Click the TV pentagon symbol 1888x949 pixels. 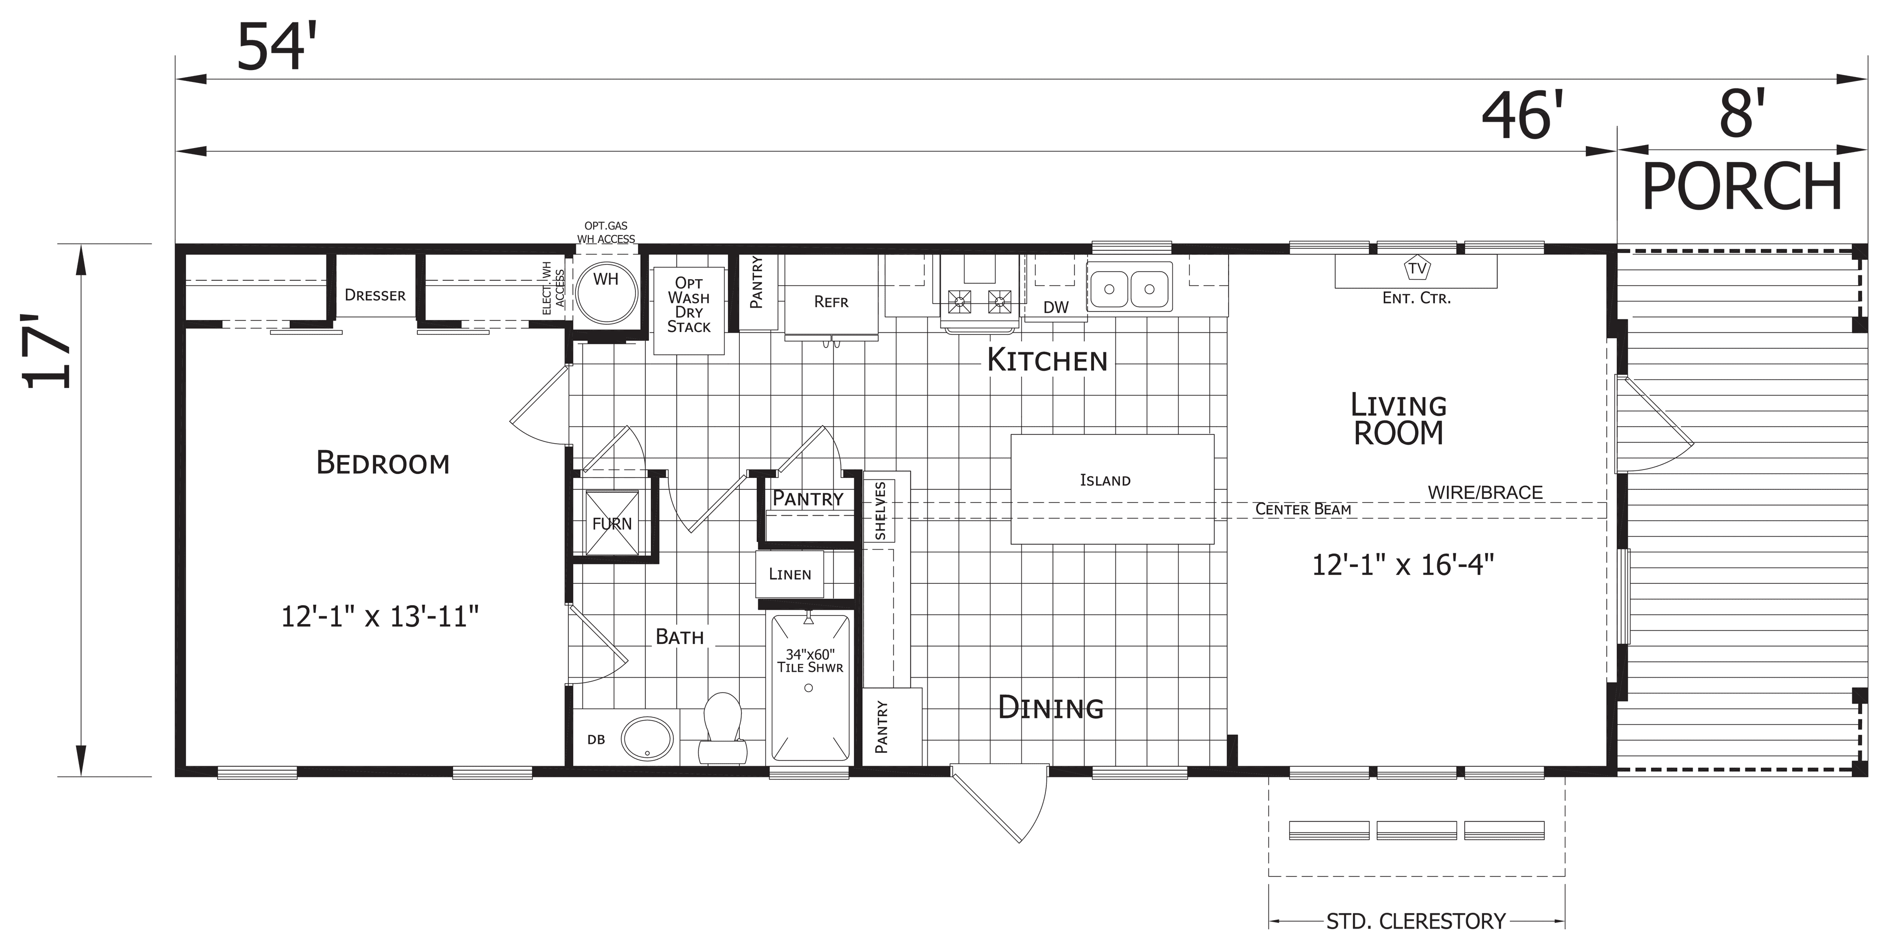(1416, 268)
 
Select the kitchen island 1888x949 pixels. (1112, 489)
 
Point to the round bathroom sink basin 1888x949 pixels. (648, 738)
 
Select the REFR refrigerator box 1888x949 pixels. (831, 297)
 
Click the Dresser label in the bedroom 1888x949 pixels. (375, 295)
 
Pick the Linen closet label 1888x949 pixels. (790, 574)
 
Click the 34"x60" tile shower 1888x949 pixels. (810, 687)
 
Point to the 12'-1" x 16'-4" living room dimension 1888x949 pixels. (1402, 565)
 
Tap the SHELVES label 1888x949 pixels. (881, 511)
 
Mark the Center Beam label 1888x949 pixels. (1303, 509)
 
